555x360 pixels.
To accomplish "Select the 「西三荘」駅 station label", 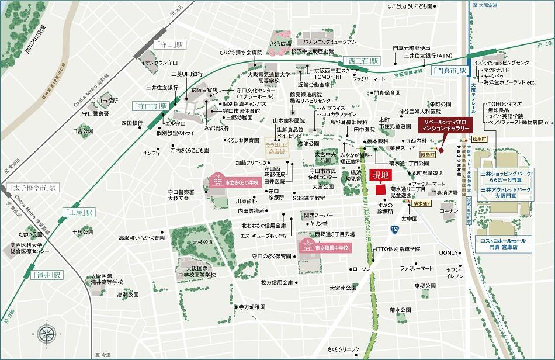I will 362,61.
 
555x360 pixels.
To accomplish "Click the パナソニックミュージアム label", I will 328,42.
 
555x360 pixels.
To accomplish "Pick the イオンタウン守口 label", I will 159,63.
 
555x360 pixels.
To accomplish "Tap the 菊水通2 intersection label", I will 421,202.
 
